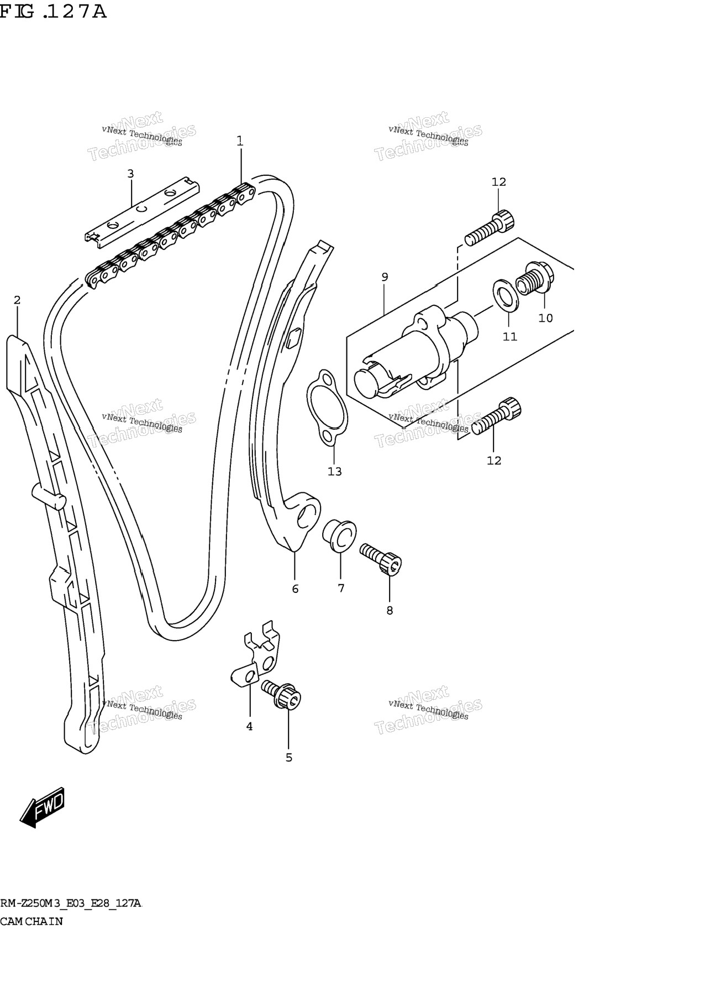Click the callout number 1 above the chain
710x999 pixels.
240,141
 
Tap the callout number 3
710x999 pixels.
130,174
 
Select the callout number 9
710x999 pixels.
385,277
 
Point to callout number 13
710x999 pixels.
335,472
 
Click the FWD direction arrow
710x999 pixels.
42,807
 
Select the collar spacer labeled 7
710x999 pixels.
339,535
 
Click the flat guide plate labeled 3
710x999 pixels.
142,210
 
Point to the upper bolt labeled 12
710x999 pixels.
490,228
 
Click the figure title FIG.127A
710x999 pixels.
53,11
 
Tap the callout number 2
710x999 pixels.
17,300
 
